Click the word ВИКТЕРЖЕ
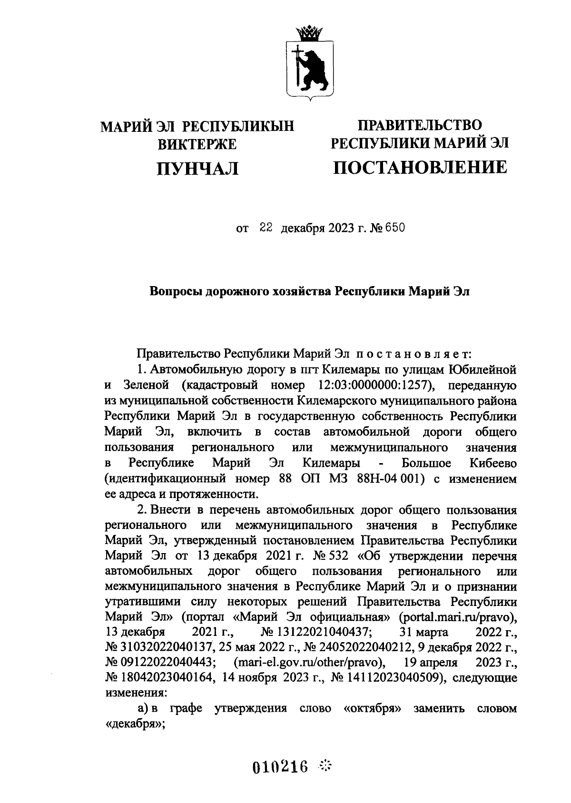tap(197, 143)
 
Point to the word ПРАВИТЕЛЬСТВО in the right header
tap(420, 125)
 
